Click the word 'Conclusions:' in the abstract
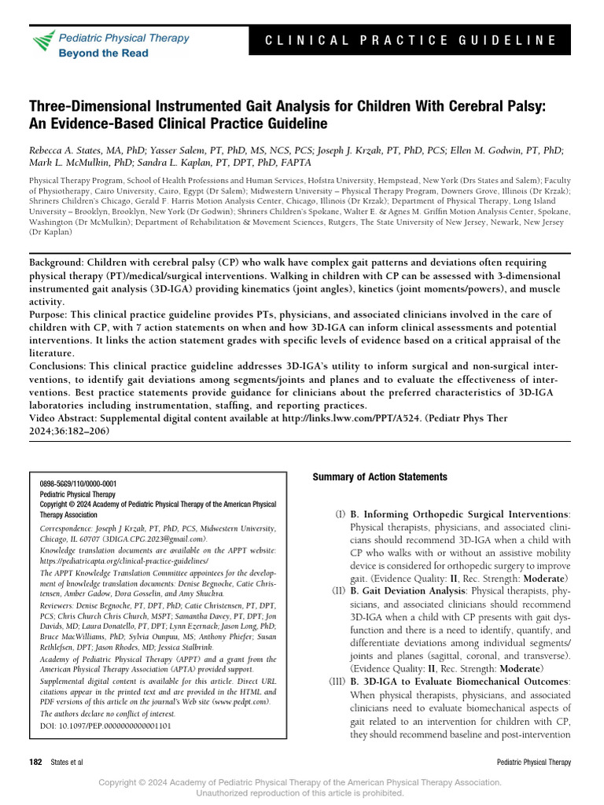point(59,366)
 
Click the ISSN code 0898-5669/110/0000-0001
point(78,484)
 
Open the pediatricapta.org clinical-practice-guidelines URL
point(123,562)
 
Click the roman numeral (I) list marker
point(339,514)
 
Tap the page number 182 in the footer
point(35,763)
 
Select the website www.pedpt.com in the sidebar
point(239,700)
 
